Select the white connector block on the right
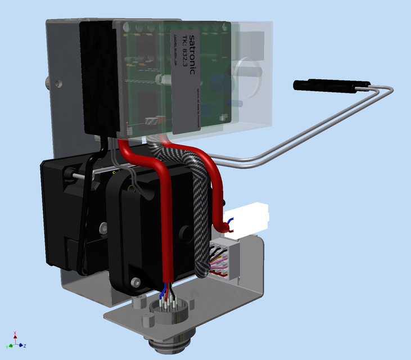click(247, 215)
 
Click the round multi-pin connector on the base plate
click(168, 310)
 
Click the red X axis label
click(15, 334)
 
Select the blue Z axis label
click(25, 345)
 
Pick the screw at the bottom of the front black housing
click(135, 281)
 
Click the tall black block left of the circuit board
click(100, 79)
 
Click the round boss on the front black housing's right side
click(183, 232)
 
